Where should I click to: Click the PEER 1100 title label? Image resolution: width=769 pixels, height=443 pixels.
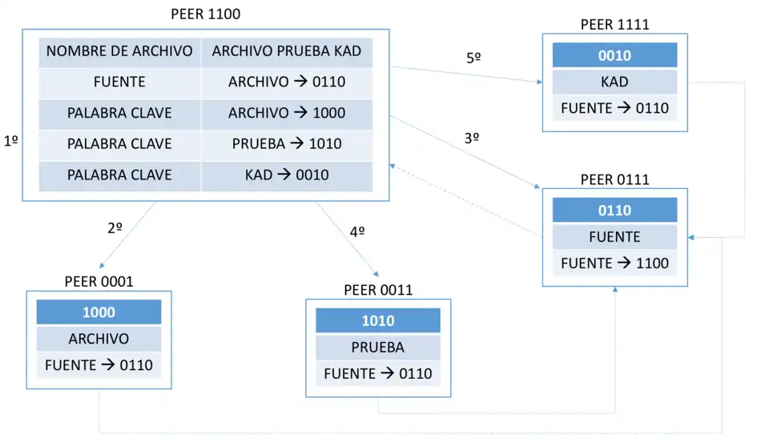point(205,14)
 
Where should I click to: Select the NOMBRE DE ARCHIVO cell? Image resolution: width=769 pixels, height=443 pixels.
point(119,51)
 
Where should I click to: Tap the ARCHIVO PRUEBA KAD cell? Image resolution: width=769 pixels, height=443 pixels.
point(287,51)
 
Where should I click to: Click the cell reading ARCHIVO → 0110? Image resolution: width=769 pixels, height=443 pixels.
point(287,83)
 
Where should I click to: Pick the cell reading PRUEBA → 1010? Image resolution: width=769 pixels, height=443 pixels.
point(287,144)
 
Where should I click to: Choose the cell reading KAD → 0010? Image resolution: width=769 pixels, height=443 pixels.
point(287,175)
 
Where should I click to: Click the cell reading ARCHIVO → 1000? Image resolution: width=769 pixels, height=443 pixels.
point(287,113)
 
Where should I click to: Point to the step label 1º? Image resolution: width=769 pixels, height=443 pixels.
point(11,141)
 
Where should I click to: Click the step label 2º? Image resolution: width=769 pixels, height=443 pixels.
point(115,228)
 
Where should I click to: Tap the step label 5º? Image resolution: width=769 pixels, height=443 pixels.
point(474,58)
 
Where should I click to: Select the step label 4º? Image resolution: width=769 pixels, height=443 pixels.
point(357,232)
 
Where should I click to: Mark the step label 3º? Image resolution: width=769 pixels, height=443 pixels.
point(472,138)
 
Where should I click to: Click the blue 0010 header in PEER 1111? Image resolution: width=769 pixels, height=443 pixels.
point(614,55)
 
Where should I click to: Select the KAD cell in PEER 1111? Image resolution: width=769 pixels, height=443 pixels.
point(614,82)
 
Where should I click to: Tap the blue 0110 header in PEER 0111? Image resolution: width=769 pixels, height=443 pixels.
point(614,211)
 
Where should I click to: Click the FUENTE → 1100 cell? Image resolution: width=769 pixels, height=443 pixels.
point(614,263)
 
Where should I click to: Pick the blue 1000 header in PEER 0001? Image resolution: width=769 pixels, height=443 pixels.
point(99,312)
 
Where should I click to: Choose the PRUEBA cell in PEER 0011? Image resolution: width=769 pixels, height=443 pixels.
point(377,348)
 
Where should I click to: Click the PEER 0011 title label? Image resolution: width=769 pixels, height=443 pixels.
point(378,290)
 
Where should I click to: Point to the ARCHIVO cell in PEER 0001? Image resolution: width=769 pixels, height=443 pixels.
point(99,339)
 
